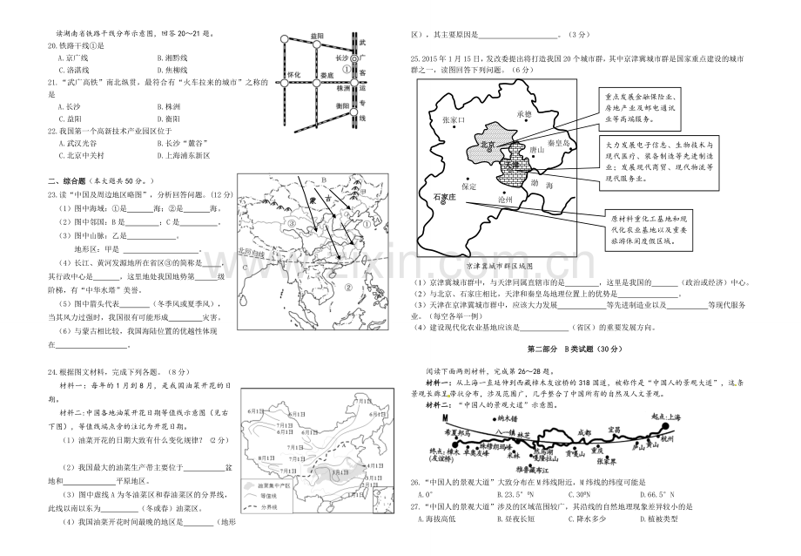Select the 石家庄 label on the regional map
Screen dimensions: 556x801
click(x=443, y=199)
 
